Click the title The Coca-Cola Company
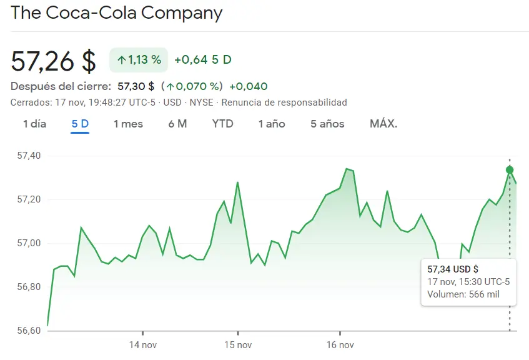117,13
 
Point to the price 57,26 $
54,61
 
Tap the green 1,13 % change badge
139,60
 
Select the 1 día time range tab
34,124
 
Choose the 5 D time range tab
80,124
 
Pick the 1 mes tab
128,124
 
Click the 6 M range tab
177,124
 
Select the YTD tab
222,124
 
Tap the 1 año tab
272,124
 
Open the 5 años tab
327,124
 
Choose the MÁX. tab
383,124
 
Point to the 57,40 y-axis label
27,156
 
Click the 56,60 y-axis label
27,331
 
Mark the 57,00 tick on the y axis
27,243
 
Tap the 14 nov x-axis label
142,345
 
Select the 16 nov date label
340,345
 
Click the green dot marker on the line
510,170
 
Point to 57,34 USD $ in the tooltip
453,269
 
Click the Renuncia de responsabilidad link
284,102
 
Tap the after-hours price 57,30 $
136,86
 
